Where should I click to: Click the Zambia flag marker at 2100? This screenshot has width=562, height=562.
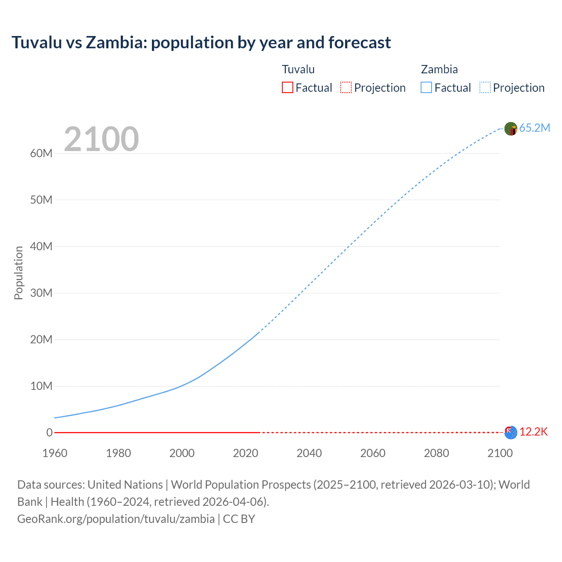click(511, 129)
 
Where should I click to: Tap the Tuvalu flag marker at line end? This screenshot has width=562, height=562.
click(511, 432)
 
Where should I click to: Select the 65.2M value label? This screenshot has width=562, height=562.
click(534, 128)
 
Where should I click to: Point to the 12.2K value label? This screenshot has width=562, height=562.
click(533, 432)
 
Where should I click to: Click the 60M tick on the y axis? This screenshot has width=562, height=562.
click(41, 153)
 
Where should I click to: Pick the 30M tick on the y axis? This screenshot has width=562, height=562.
click(41, 293)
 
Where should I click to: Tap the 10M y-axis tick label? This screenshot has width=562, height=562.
click(41, 386)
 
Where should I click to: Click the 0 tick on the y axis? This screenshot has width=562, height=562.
click(49, 432)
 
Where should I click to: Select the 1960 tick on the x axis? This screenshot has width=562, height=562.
click(55, 453)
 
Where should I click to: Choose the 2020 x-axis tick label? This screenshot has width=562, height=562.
click(245, 453)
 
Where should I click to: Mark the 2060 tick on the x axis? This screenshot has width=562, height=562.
click(373, 453)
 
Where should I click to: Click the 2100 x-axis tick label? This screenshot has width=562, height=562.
click(500, 453)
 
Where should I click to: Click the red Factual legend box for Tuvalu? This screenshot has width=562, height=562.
click(288, 87)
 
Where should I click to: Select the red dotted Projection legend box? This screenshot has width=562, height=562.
click(346, 87)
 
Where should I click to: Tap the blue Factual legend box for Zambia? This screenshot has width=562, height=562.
click(426, 87)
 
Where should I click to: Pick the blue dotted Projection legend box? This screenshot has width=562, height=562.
click(485, 87)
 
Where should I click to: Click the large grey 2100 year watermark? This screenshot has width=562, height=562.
click(101, 139)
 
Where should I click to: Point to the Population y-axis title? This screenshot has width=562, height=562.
click(18, 273)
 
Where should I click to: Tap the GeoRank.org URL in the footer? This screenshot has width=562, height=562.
click(116, 519)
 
